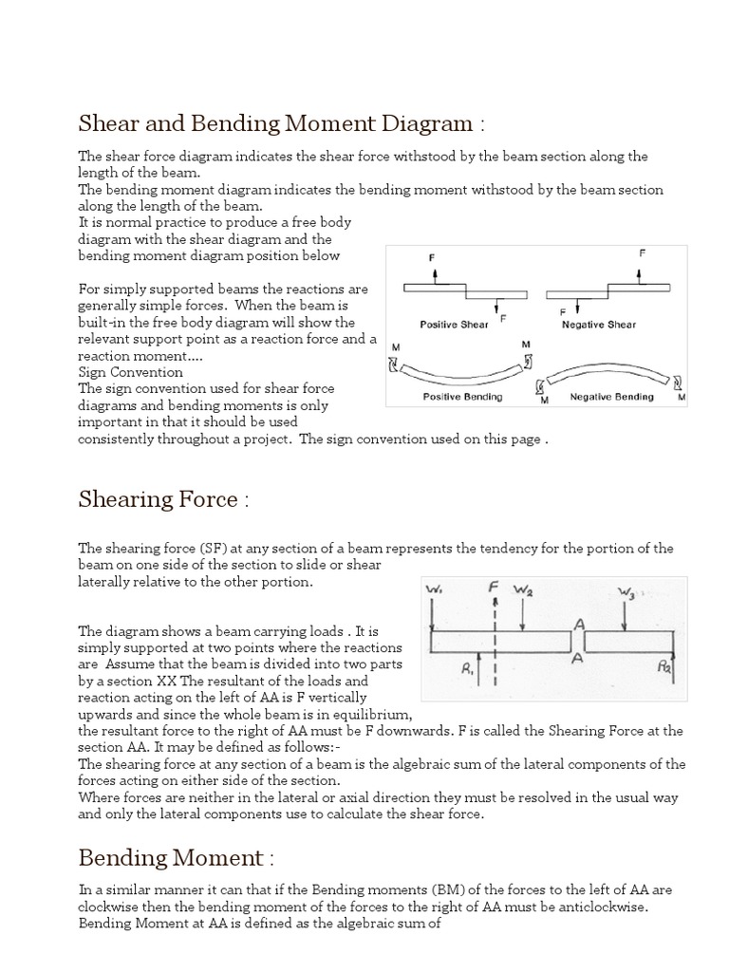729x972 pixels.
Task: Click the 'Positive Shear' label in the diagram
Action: (454, 325)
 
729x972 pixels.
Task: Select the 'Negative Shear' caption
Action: (599, 325)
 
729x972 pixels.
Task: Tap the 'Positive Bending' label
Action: (462, 397)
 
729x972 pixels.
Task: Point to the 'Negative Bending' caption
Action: (611, 397)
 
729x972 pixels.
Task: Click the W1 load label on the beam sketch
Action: (433, 591)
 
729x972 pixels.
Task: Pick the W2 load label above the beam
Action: (522, 590)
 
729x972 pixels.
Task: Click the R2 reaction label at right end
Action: (664, 667)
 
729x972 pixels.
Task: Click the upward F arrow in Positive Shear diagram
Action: (435, 272)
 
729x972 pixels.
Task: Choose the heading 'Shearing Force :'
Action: (162, 500)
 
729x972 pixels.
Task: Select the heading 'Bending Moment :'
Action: (176, 858)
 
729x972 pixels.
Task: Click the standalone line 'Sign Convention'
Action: (130, 372)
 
